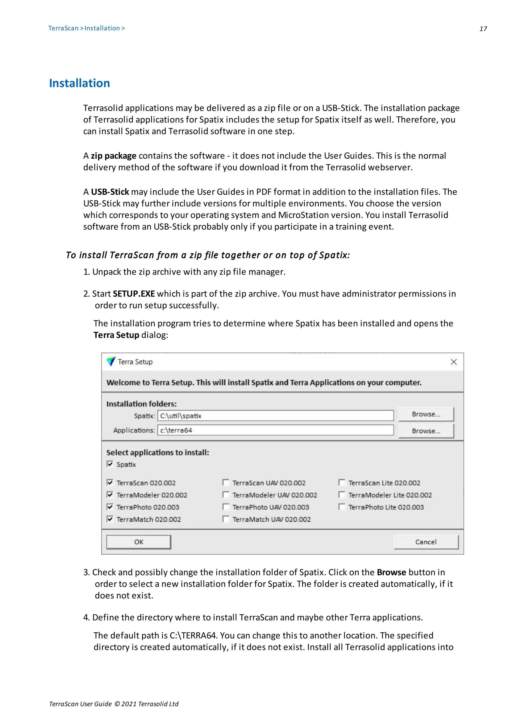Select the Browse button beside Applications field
click(x=426, y=431)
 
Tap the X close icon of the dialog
click(x=454, y=362)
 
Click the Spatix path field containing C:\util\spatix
click(x=275, y=416)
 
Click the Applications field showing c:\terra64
click(x=275, y=430)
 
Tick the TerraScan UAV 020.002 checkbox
click(x=225, y=482)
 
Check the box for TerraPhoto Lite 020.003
click(x=342, y=507)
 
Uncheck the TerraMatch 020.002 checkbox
click(x=110, y=519)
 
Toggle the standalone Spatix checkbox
click(x=110, y=464)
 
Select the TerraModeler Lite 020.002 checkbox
click(x=342, y=494)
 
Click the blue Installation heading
click(x=79, y=83)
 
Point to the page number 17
click(x=483, y=29)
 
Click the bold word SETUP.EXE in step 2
click(x=134, y=294)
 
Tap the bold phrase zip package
click(x=113, y=156)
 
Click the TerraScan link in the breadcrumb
click(x=63, y=28)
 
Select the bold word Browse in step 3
click(x=391, y=572)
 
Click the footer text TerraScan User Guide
click(x=80, y=704)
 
